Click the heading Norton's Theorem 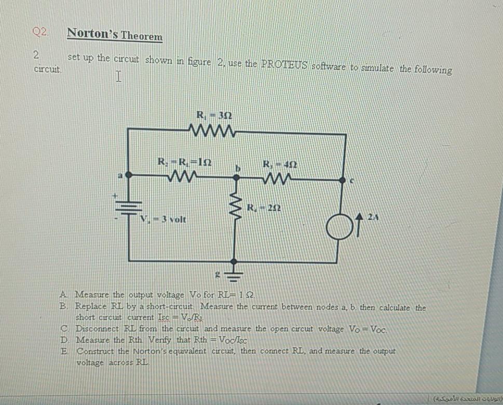tap(115, 35)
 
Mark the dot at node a tap(129, 176)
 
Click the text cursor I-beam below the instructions tap(119, 78)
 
